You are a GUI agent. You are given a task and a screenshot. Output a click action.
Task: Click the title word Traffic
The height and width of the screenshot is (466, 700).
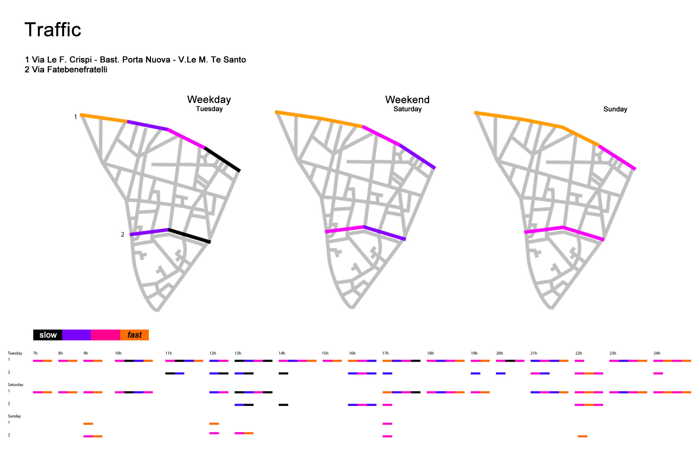point(53,30)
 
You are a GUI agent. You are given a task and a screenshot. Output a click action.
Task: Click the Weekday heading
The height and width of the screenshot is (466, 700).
point(209,99)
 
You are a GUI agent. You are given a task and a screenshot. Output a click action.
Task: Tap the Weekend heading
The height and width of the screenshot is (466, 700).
point(407,99)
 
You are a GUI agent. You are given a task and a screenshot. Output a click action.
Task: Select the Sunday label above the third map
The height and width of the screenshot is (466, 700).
point(615,109)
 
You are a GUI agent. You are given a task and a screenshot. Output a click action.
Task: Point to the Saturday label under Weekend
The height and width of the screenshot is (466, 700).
point(407,109)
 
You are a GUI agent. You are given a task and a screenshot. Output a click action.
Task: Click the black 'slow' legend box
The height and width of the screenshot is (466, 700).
point(48,335)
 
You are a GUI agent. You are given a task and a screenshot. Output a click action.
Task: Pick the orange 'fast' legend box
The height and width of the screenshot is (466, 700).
point(134,335)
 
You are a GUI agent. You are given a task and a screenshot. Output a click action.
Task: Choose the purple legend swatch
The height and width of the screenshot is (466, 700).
point(76,335)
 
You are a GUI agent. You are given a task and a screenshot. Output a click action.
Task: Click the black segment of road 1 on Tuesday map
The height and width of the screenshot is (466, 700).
point(223,159)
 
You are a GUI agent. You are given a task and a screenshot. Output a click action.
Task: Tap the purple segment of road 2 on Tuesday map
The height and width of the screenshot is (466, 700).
point(149,232)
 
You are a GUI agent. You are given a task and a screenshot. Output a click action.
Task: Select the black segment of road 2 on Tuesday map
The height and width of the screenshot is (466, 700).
point(189,236)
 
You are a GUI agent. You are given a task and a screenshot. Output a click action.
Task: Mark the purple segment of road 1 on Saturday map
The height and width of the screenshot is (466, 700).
point(417,156)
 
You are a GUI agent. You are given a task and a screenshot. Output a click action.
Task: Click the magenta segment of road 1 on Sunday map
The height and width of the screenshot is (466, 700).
point(617,157)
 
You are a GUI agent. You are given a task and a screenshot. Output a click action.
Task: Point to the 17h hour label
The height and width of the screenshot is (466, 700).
point(386,353)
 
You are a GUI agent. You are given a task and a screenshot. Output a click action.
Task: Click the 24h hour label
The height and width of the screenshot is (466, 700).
point(657,353)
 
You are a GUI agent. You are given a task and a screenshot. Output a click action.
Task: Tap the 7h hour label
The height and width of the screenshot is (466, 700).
point(35,353)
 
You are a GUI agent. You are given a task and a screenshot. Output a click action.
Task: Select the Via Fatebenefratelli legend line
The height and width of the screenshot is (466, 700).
point(66,70)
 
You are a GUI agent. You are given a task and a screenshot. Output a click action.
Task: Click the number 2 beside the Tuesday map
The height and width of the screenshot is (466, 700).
point(122,234)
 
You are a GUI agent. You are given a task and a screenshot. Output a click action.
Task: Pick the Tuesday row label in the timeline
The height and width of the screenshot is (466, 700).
point(15,353)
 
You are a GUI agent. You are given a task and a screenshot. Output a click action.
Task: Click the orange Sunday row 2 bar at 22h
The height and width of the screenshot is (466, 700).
point(582,436)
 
